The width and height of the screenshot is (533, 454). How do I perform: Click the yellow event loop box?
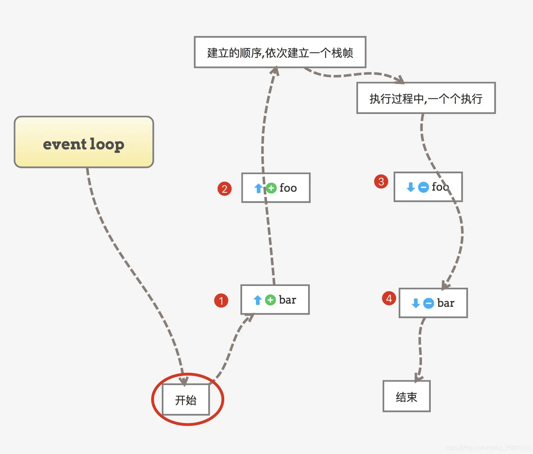pyautogui.click(x=84, y=142)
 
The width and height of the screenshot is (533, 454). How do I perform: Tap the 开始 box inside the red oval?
pyautogui.click(x=186, y=400)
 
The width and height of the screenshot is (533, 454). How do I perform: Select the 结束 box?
pyautogui.click(x=406, y=396)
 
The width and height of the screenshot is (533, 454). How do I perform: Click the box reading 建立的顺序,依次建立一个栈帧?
pyautogui.click(x=280, y=52)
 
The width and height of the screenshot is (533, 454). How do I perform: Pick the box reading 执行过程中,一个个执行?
pyautogui.click(x=426, y=98)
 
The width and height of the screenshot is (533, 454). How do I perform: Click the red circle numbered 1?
pyautogui.click(x=221, y=300)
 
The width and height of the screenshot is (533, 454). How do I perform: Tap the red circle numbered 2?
pyautogui.click(x=225, y=189)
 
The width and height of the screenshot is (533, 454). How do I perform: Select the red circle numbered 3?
pyautogui.click(x=381, y=181)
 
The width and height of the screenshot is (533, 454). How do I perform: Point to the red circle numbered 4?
pyautogui.click(x=389, y=298)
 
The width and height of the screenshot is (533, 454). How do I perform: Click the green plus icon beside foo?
pyautogui.click(x=271, y=188)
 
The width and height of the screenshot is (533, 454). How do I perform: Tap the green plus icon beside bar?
pyautogui.click(x=270, y=300)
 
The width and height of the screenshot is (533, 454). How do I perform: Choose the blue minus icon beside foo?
pyautogui.click(x=423, y=187)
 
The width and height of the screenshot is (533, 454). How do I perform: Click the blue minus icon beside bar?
pyautogui.click(x=428, y=303)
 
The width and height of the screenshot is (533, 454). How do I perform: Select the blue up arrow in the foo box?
pyautogui.click(x=258, y=188)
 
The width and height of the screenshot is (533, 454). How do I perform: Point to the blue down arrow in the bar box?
pyautogui.click(x=416, y=303)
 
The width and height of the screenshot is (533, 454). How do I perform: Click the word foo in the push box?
pyautogui.click(x=288, y=188)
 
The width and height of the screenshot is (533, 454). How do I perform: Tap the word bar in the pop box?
pyautogui.click(x=446, y=303)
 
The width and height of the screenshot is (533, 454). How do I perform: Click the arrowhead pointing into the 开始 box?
pyautogui.click(x=184, y=381)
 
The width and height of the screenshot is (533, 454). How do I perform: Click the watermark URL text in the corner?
pyautogui.click(x=488, y=448)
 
